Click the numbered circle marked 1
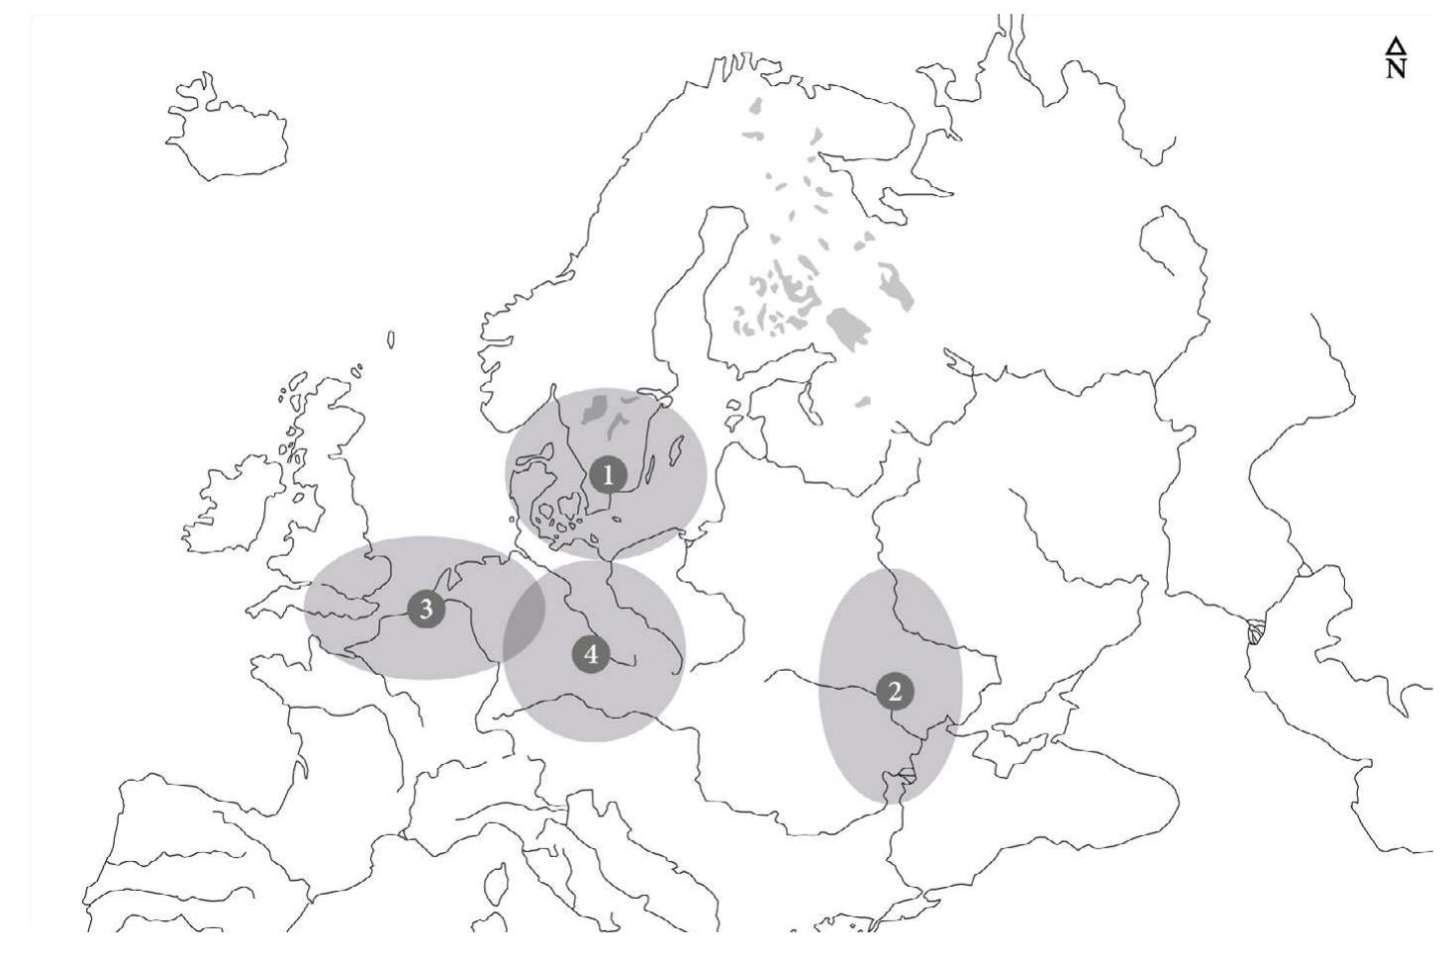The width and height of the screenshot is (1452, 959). click(x=608, y=475)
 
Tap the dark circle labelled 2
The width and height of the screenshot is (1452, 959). click(x=895, y=691)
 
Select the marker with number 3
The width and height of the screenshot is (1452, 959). click(x=426, y=609)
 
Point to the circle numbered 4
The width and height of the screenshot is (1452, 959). click(x=591, y=654)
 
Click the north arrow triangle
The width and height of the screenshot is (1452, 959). click(x=1396, y=46)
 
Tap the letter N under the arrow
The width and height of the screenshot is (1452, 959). click(x=1396, y=68)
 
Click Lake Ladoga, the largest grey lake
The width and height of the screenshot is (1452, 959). click(x=846, y=326)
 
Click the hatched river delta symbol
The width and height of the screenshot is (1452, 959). click(x=1256, y=630)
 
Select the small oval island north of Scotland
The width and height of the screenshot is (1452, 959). click(x=391, y=339)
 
